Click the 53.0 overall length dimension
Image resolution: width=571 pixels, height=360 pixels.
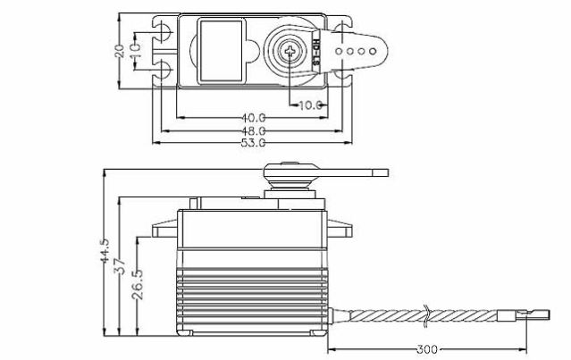click(x=253, y=142)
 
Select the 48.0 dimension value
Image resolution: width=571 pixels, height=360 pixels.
click(x=253, y=130)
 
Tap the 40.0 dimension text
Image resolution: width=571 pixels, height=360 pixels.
click(x=253, y=117)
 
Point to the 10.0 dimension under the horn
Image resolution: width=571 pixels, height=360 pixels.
click(x=309, y=105)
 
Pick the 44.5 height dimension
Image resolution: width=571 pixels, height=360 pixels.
click(x=105, y=253)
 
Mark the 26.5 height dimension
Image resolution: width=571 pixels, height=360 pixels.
click(x=136, y=284)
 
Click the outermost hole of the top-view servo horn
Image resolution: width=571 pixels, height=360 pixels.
click(x=371, y=51)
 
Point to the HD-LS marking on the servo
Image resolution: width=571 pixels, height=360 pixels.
click(x=319, y=51)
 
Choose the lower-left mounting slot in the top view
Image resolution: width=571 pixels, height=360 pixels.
click(x=164, y=69)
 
